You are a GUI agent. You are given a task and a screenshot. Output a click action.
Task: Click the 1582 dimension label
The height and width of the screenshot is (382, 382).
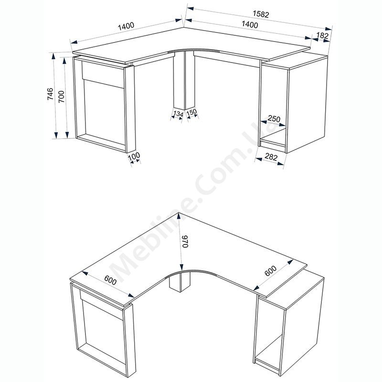click(x=261, y=14)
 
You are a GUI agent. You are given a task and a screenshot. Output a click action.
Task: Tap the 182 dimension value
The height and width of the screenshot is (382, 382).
click(x=322, y=35)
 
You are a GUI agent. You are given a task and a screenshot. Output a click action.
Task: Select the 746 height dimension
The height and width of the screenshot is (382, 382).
click(x=50, y=94)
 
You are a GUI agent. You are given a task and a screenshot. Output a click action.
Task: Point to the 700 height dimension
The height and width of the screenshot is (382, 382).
click(x=61, y=96)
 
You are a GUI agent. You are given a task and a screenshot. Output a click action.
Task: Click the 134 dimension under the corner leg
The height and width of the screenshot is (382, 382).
click(x=178, y=114)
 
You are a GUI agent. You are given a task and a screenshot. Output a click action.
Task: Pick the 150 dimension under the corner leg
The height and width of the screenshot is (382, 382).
click(x=191, y=112)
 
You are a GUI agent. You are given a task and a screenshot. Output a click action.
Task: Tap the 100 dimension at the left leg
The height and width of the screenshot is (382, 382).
click(x=134, y=156)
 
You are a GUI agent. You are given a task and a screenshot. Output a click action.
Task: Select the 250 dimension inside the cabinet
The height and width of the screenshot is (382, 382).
click(x=274, y=119)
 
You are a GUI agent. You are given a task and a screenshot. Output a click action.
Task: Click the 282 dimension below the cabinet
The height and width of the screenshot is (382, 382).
click(x=271, y=157)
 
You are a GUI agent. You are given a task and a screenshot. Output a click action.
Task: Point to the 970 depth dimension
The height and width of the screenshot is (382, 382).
click(x=185, y=242)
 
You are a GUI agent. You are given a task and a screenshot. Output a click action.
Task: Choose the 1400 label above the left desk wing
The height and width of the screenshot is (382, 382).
click(x=126, y=26)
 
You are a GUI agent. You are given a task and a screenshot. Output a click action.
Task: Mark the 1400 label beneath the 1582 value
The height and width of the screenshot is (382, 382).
click(x=249, y=24)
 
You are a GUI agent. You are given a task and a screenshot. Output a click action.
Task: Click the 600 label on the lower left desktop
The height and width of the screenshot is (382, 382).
click(x=110, y=280)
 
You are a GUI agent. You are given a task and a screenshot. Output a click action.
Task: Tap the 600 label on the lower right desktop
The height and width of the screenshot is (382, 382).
click(x=271, y=271)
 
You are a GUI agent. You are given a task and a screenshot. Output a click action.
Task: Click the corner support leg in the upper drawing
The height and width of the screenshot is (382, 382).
click(x=184, y=80)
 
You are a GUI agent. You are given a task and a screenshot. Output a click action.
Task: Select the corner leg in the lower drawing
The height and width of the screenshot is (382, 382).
click(x=180, y=283)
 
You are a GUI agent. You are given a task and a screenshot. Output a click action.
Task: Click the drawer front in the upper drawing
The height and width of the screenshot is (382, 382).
click(x=103, y=74)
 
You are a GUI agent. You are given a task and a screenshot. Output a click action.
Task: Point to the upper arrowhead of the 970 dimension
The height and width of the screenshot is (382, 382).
click(x=180, y=216)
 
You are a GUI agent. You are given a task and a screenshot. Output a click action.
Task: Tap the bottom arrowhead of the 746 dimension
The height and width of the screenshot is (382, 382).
click(x=56, y=135)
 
